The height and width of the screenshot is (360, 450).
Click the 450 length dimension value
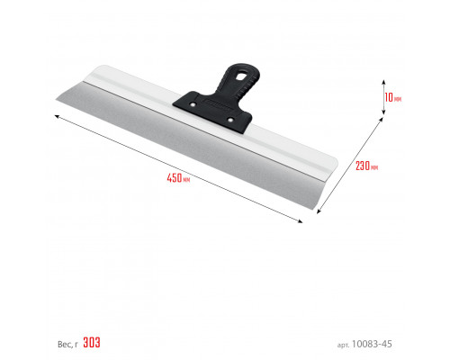point(175,178)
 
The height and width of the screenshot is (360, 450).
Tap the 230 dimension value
point(363,166)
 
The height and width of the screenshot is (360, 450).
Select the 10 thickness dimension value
point(389,97)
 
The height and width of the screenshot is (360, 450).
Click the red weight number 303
point(92,342)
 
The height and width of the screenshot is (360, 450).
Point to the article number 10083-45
point(372,344)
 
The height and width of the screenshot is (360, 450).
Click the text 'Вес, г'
point(67,344)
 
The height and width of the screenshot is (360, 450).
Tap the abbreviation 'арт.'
point(343,346)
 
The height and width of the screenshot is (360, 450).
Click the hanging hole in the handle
point(240,76)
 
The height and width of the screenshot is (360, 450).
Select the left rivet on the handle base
point(193,104)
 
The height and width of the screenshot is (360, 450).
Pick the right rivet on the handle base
point(230,120)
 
